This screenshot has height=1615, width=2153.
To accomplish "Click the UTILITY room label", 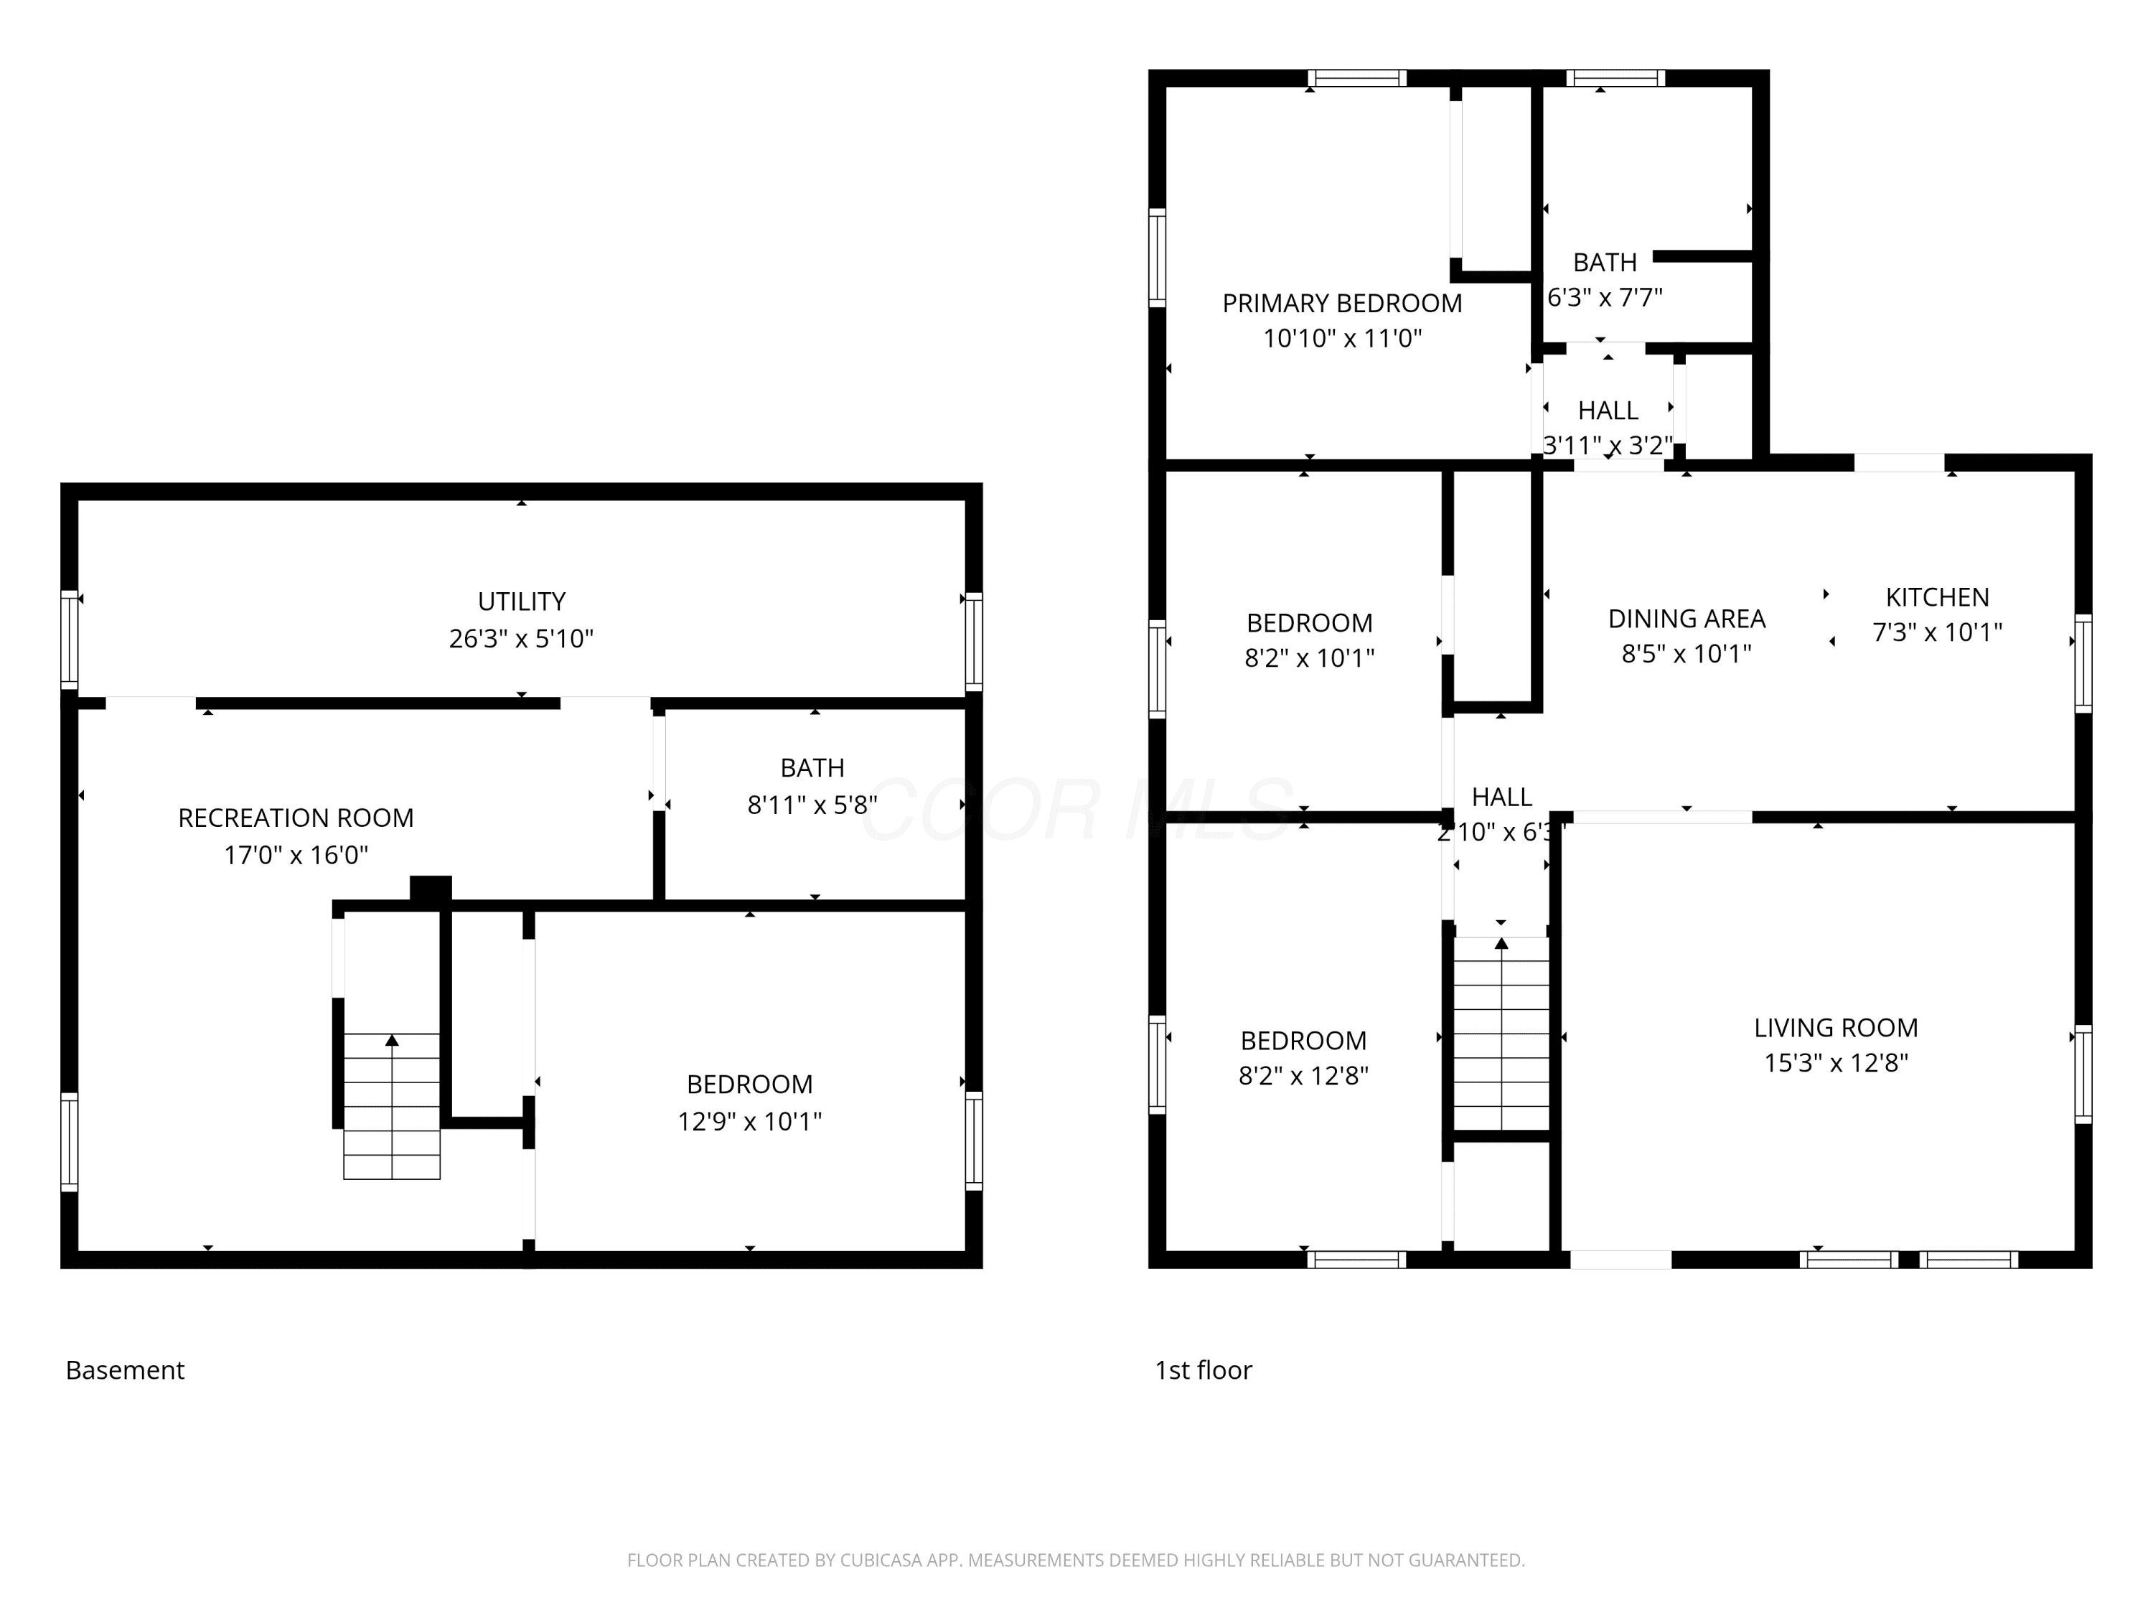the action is pos(522,601).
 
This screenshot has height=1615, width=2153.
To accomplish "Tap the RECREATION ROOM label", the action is pos(296,818).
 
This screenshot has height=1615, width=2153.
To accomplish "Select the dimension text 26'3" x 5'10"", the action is pos(522,639).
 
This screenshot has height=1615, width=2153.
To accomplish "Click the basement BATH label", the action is pos(812,768).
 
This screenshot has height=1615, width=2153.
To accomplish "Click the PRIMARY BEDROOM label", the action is pos(1342,304).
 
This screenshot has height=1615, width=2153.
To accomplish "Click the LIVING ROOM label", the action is pos(1837,1027).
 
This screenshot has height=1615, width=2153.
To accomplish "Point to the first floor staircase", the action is pos(1502,1033).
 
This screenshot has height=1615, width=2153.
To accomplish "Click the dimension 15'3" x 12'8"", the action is pos(1837,1062).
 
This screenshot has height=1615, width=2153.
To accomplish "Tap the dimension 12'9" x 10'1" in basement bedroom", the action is pos(749,1121).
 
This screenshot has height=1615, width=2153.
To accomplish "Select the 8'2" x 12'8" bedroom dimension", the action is pos(1304,1076).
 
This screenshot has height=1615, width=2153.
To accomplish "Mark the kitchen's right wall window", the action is pos(2083,663).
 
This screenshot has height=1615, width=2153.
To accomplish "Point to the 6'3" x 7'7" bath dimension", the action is pos(1605,297).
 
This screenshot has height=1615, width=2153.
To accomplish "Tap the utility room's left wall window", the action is pos(69,640).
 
